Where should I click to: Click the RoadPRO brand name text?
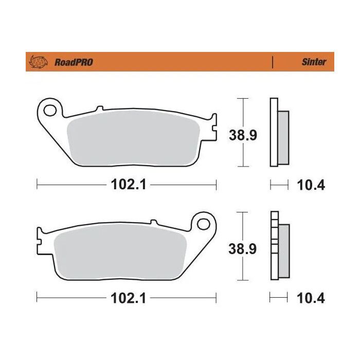coord(74,62)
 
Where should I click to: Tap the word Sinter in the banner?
coord(314,62)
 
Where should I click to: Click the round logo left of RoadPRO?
coord(40,62)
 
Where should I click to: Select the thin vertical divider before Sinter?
coord(272,62)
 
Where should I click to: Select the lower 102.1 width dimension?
coord(127,298)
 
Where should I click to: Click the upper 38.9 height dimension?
coord(243,135)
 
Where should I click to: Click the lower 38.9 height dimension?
coord(243,249)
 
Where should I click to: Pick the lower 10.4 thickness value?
coord(311,298)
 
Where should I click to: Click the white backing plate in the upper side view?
coord(274,132)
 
